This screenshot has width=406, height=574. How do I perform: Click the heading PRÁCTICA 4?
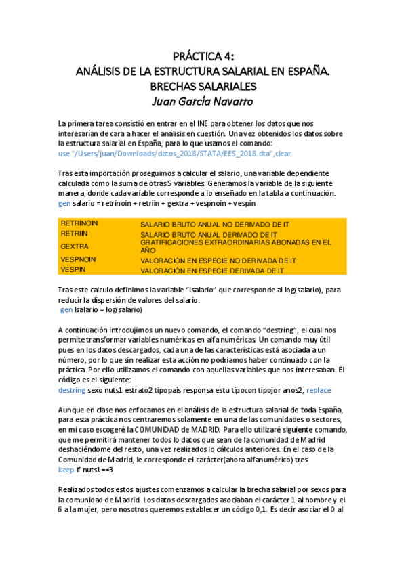(203, 57)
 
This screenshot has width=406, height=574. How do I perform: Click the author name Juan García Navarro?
(203, 102)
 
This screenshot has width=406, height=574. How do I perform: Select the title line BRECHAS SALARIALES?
(203, 87)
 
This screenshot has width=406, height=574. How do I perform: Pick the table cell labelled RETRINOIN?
(79, 223)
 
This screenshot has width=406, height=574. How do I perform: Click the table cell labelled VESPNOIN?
(79, 259)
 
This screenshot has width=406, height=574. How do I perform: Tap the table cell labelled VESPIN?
(73, 269)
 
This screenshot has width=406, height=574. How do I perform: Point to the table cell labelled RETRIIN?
(74, 233)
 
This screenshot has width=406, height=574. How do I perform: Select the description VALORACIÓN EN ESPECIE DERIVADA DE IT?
(212, 270)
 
